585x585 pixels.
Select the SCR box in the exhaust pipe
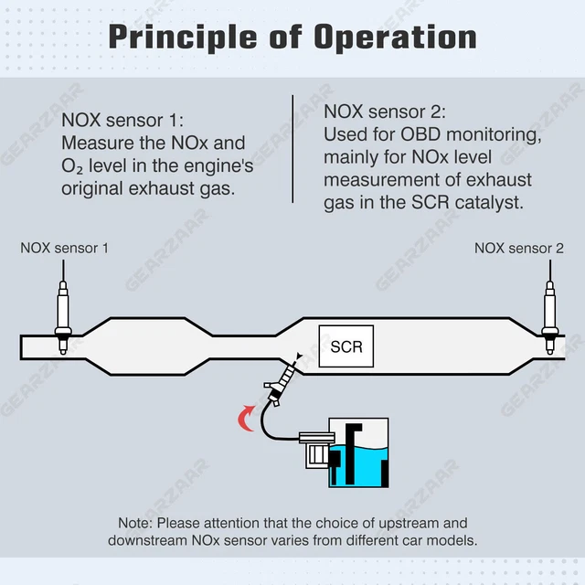click(346, 346)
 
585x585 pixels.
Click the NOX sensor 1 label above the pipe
click(64, 248)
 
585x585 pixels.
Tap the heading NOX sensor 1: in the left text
click(122, 120)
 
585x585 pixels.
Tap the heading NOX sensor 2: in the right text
click(385, 112)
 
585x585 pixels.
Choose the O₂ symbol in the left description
click(72, 166)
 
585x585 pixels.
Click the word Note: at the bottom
click(135, 523)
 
